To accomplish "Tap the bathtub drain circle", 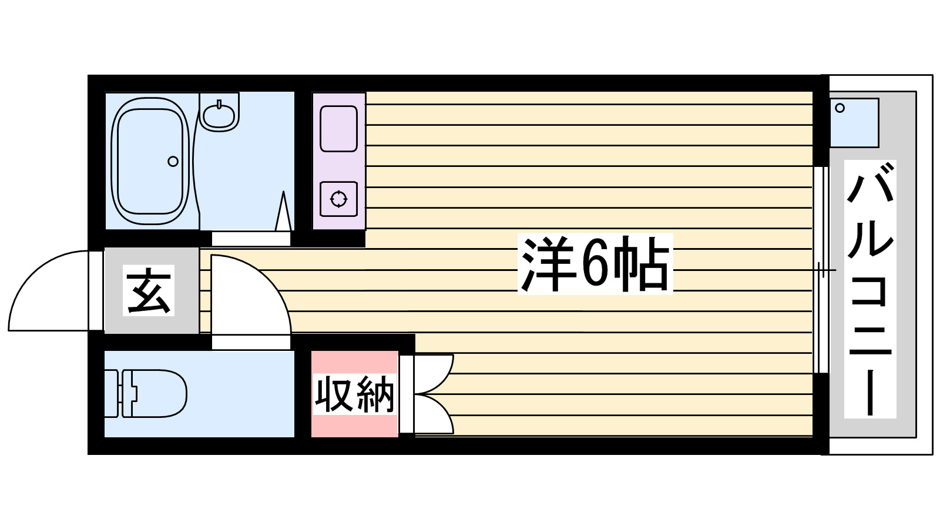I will pyautogui.click(x=173, y=161).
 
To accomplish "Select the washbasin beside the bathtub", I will pyautogui.click(x=219, y=111).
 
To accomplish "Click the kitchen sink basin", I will pyautogui.click(x=338, y=129).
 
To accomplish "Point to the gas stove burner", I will pyautogui.click(x=338, y=199).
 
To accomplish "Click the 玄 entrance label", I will pyautogui.click(x=149, y=290).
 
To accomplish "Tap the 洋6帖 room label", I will pyautogui.click(x=595, y=264).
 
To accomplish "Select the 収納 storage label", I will pyautogui.click(x=354, y=394).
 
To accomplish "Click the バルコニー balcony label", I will pyautogui.click(x=870, y=288).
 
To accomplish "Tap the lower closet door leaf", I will pyautogui.click(x=434, y=414).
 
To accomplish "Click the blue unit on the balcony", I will pyautogui.click(x=854, y=123).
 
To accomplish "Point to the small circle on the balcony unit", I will pyautogui.click(x=840, y=108).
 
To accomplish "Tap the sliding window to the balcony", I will pyautogui.click(x=821, y=270).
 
